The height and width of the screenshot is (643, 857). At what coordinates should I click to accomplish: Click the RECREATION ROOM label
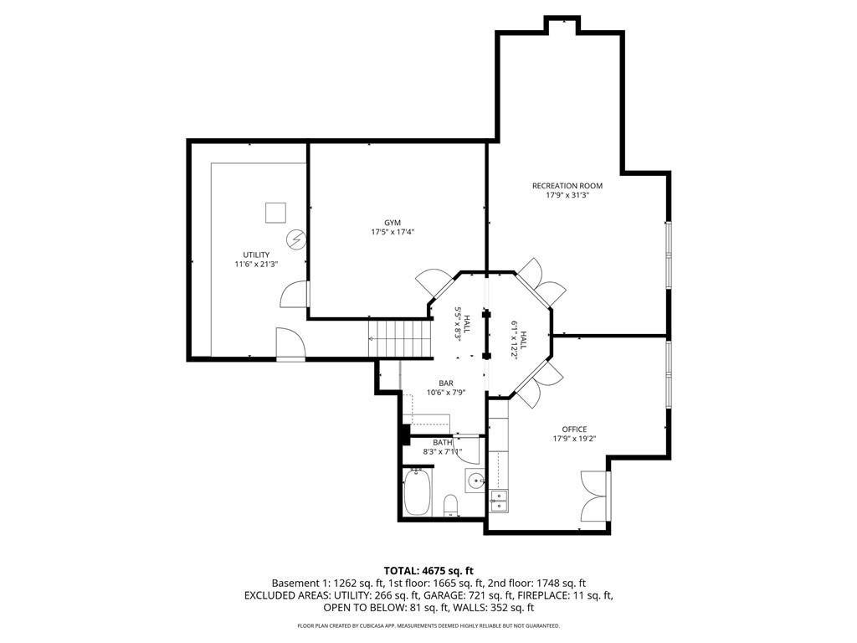[567, 186]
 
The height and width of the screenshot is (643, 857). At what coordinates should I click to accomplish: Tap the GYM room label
[393, 223]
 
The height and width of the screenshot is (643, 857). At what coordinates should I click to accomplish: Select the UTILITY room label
[256, 255]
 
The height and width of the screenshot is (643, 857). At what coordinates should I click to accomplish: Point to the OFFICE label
[574, 430]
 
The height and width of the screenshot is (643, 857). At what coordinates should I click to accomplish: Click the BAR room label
[446, 383]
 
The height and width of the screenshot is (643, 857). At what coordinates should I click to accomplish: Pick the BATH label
[443, 442]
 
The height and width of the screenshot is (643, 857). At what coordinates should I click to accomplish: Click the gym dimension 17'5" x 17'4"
[393, 232]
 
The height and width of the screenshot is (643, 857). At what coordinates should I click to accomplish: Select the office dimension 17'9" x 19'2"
[574, 439]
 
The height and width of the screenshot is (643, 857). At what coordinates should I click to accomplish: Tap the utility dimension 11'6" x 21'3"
[256, 264]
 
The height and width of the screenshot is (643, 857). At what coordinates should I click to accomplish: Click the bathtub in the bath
[417, 492]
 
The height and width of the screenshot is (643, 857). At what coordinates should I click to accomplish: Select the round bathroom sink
[476, 481]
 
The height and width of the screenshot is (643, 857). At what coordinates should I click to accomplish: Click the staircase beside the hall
[400, 339]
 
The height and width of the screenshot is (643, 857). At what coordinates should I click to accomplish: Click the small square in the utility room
[275, 213]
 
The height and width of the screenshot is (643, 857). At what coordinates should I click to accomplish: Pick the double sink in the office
[499, 501]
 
